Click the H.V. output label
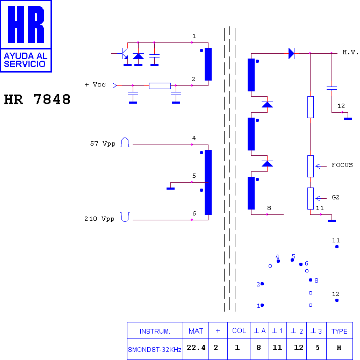pyautogui.click(x=350, y=52)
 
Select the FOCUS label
pyautogui.click(x=342, y=165)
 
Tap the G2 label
pyautogui.click(x=335, y=197)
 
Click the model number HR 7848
pyautogui.click(x=37, y=99)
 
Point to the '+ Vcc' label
pyautogui.click(x=95, y=84)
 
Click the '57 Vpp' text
pyautogui.click(x=103, y=143)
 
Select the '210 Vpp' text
pyautogui.click(x=99, y=219)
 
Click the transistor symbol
pyautogui.click(x=125, y=53)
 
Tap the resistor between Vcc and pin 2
pyautogui.click(x=160, y=86)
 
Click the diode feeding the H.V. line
pyautogui.click(x=292, y=53)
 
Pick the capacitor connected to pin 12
pyautogui.click(x=332, y=88)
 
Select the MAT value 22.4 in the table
pyautogui.click(x=196, y=348)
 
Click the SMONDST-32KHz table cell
pyautogui.click(x=155, y=350)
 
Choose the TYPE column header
pyautogui.click(x=340, y=332)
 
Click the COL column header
pyautogui.click(x=239, y=330)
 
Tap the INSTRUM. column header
pyautogui.click(x=155, y=332)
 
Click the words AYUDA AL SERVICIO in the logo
pyautogui.click(x=26, y=60)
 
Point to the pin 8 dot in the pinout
pyautogui.click(x=311, y=280)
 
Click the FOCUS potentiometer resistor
pyautogui.click(x=311, y=166)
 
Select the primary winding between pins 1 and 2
pyautogui.click(x=208, y=64)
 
